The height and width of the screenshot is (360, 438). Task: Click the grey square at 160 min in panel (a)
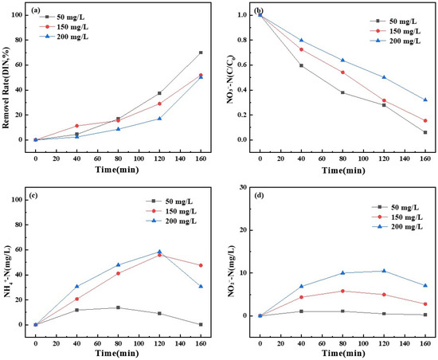[x=201, y=53]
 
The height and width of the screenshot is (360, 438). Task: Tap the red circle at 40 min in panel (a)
[x=76, y=126]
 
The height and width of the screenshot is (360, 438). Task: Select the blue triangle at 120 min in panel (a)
[x=159, y=119]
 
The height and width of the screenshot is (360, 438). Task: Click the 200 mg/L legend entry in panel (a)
[x=64, y=37]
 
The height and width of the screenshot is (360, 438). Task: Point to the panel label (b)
[x=258, y=10]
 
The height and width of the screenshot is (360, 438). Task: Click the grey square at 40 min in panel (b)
[x=301, y=65]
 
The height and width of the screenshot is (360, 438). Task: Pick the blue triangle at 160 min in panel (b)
[x=425, y=100]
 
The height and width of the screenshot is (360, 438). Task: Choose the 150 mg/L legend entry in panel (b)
[x=396, y=31]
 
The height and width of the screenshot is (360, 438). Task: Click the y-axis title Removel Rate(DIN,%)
[x=6, y=88]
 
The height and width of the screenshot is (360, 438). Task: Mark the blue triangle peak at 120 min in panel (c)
[x=159, y=252]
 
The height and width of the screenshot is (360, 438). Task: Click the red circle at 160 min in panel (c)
[x=201, y=265]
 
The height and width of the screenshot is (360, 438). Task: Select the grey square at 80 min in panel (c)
[x=118, y=307]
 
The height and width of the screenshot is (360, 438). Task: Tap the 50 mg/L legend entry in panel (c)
[x=170, y=201]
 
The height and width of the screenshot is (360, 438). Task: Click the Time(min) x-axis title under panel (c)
[x=117, y=354]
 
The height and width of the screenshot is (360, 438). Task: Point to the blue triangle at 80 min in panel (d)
[x=342, y=272]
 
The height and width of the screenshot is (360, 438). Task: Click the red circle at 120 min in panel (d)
[x=384, y=295]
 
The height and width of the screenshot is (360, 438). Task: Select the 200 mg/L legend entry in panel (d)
[x=397, y=227]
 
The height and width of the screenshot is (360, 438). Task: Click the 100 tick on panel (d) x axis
[x=363, y=343]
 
